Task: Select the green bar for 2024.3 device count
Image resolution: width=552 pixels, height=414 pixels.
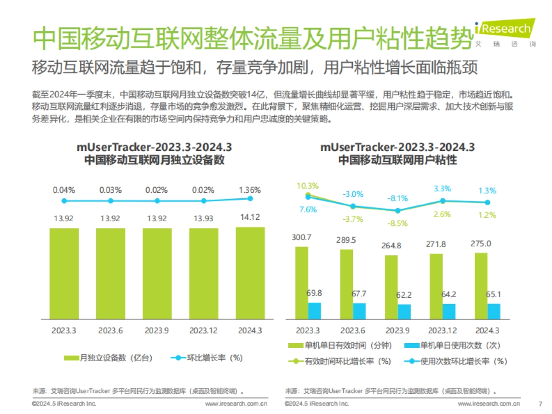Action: pyautogui.click(x=250, y=273)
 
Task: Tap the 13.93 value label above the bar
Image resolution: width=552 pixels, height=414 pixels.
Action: pyautogui.click(x=203, y=218)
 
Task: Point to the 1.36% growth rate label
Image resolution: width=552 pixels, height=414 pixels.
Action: pyautogui.click(x=250, y=190)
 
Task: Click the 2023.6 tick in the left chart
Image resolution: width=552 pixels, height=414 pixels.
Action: pyautogui.click(x=110, y=330)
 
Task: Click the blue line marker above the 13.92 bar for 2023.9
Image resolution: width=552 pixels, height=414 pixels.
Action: pyautogui.click(x=157, y=201)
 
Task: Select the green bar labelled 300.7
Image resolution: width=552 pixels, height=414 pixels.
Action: pyautogui.click(x=302, y=282)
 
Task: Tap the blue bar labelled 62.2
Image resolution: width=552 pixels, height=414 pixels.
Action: pyautogui.click(x=404, y=311)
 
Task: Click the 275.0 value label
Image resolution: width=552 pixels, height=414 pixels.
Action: pyautogui.click(x=481, y=243)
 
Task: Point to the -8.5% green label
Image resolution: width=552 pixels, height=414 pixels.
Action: pyautogui.click(x=398, y=224)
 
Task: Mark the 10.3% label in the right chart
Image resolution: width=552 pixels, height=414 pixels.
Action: pyautogui.click(x=307, y=186)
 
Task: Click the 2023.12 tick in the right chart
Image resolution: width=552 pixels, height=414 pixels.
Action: pyautogui.click(x=443, y=330)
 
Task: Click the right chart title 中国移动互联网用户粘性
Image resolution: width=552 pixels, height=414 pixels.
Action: pyautogui.click(x=397, y=160)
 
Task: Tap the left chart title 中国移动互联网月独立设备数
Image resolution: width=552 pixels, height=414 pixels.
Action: pyautogui.click(x=154, y=160)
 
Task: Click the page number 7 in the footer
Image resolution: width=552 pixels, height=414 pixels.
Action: pyautogui.click(x=540, y=404)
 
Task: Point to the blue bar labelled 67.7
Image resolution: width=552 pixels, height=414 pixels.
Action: pyautogui.click(x=359, y=311)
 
